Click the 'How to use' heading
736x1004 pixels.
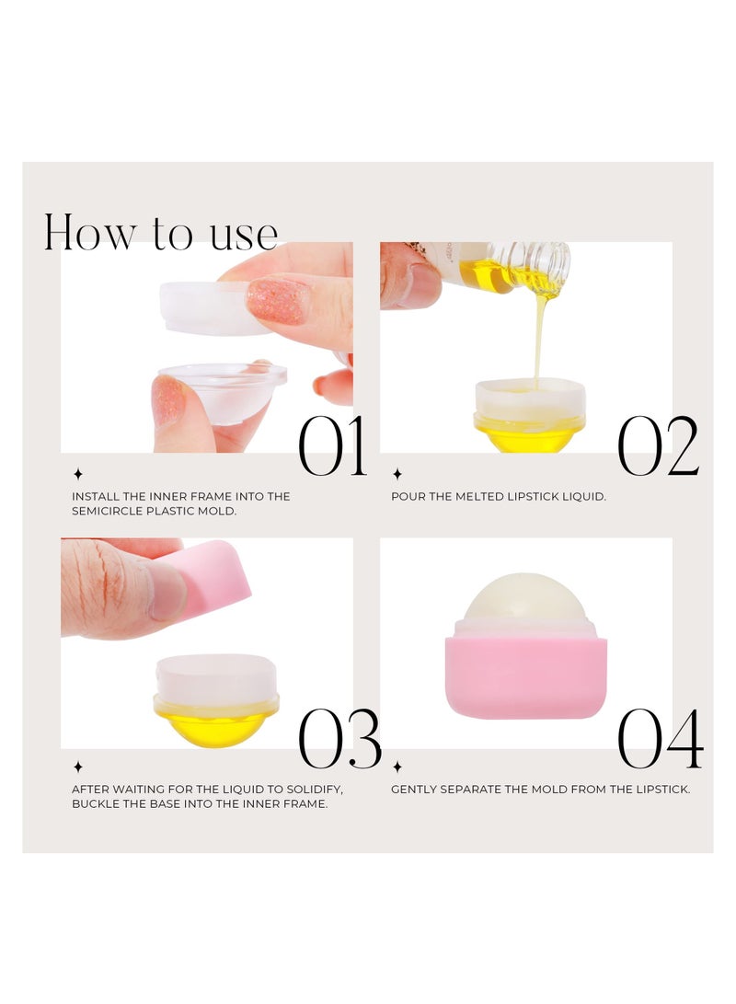pyautogui.click(x=161, y=233)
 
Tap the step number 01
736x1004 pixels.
pyautogui.click(x=332, y=446)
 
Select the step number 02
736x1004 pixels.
pyautogui.click(x=657, y=446)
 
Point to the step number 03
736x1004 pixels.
pyautogui.click(x=339, y=740)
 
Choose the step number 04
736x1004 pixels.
pyautogui.click(x=660, y=740)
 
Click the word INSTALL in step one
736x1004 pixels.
pyautogui.click(x=94, y=497)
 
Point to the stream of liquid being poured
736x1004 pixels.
pyautogui.click(x=540, y=340)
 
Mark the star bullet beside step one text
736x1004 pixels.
pyautogui.click(x=78, y=475)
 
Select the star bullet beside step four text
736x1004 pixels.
pyautogui.click(x=397, y=767)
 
